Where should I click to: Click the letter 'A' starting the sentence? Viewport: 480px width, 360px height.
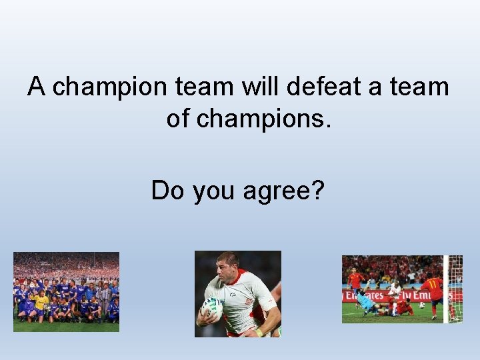click(37, 87)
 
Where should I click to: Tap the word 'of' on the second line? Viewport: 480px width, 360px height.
click(178, 119)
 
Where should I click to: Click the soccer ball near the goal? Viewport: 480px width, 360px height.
click(421, 305)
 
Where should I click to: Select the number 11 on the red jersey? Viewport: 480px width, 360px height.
click(431, 284)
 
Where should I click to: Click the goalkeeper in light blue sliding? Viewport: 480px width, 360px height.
click(368, 301)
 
